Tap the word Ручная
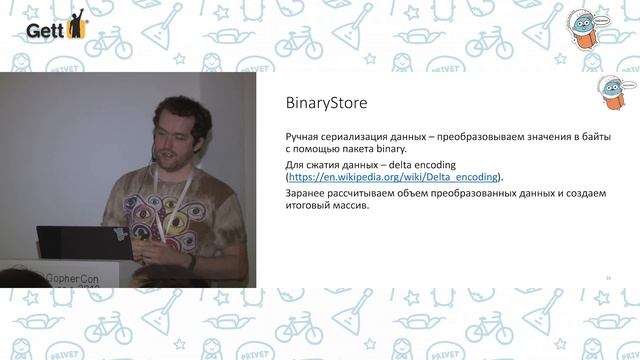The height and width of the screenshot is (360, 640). (x=305, y=134)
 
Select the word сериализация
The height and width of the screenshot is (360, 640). (x=363, y=134)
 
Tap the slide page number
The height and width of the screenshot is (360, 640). (x=607, y=277)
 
